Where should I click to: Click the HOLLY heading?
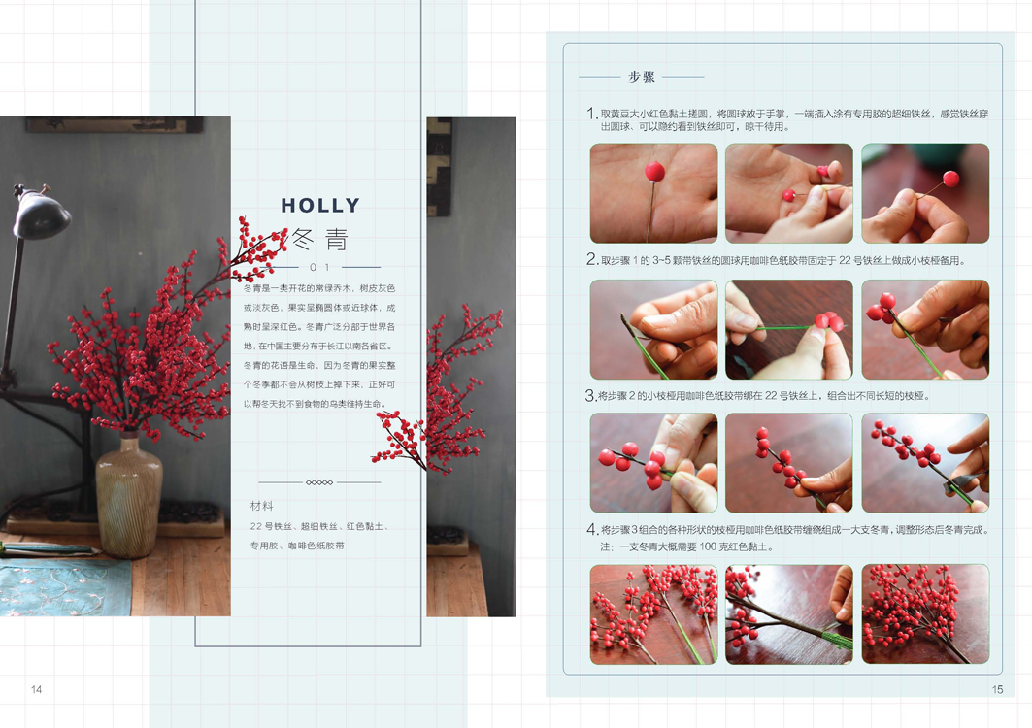point(320,206)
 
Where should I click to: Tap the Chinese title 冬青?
point(319,239)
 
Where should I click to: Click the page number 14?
point(36,689)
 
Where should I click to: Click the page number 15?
point(998,689)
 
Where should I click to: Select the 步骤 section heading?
point(641,77)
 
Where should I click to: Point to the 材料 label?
point(261,506)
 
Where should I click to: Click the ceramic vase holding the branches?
point(129,495)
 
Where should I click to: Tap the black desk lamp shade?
point(41,213)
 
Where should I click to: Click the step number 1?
point(591,114)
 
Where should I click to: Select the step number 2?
point(591,259)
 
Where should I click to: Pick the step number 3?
point(590,396)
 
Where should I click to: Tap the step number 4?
point(591,529)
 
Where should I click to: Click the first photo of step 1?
point(653,193)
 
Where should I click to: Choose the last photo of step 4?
point(925,614)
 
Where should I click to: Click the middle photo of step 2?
point(789,329)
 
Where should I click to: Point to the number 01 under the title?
point(319,267)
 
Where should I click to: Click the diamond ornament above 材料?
point(319,482)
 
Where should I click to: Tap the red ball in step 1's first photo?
point(654,172)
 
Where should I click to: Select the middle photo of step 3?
point(789,463)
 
